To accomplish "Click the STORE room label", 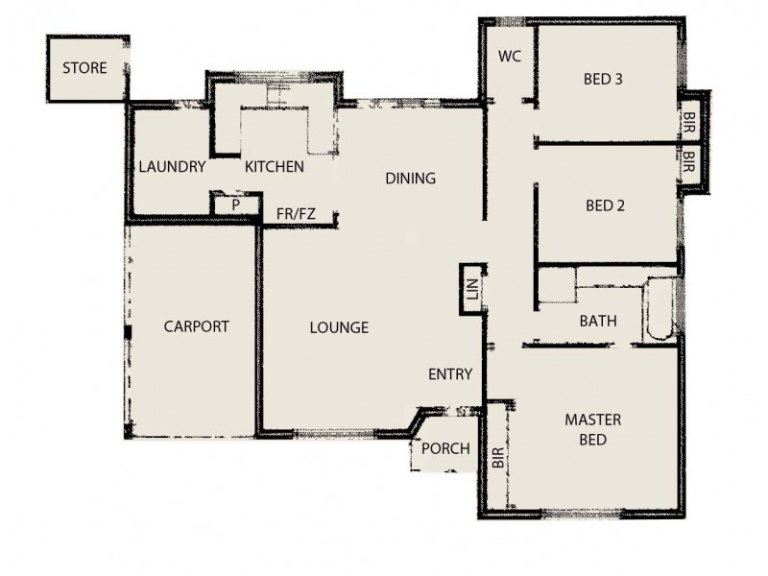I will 84,68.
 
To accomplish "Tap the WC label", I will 509,56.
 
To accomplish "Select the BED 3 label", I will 604,79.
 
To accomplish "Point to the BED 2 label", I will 606,204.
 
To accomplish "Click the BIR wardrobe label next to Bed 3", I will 689,121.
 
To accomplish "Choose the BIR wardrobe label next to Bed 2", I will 689,160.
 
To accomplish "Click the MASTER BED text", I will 592,429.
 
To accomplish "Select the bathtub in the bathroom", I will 660,309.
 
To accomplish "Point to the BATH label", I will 598,321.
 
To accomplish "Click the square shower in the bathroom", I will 556,286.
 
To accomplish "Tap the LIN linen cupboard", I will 471,289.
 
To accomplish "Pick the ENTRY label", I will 450,374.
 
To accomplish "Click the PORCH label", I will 446,448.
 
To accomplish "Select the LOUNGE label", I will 339,327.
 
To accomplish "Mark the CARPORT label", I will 196,326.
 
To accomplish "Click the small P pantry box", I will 234,204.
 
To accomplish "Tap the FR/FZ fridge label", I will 296,213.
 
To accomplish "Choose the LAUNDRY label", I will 172,167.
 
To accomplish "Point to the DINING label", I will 411,178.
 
